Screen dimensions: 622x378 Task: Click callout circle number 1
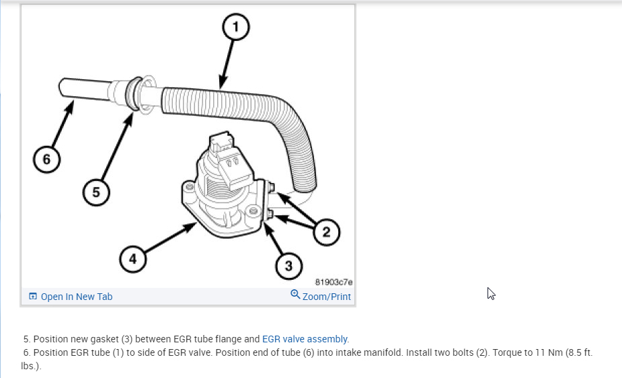236,28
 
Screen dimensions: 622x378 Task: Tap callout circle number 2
326,232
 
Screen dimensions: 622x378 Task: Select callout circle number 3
289,266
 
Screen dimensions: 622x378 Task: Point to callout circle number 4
133,259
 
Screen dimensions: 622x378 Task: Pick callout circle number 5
96,192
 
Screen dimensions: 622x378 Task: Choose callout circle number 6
46,159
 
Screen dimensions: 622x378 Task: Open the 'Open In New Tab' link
76,297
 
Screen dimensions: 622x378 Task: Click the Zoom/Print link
326,297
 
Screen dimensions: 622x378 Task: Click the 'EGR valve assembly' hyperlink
305,339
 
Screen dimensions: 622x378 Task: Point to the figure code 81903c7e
334,282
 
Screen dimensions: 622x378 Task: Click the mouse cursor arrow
491,293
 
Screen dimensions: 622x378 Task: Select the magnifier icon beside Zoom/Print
295,295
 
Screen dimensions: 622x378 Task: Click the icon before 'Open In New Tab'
32,297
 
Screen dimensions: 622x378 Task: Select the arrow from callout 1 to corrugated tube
227,65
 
